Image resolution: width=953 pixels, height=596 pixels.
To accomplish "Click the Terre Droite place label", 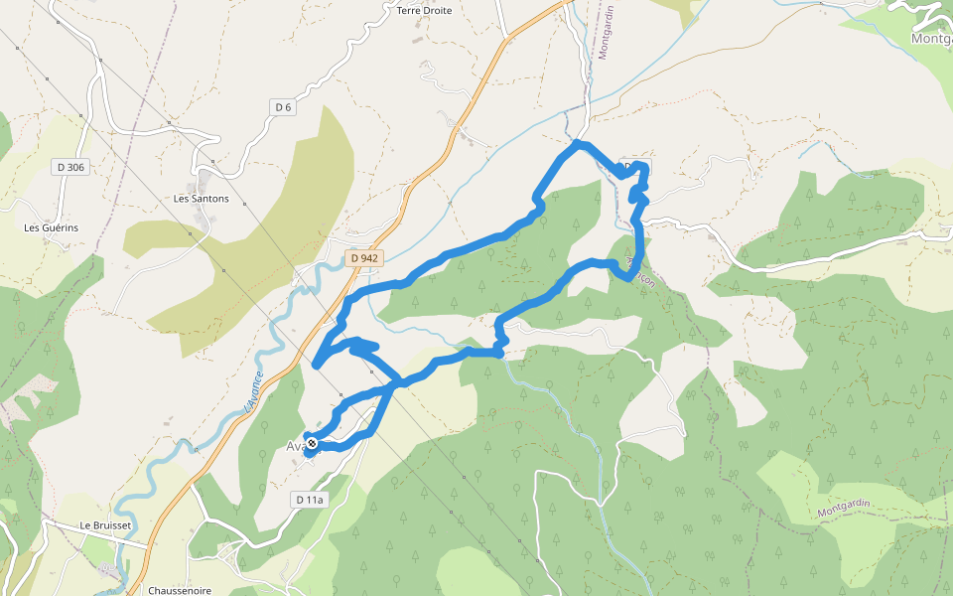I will tap(424, 11).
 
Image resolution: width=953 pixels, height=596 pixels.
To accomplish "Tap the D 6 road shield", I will tap(283, 107).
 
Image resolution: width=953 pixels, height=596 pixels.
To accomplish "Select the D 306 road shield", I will tap(71, 168).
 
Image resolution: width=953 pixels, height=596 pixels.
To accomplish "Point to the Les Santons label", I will tap(201, 199).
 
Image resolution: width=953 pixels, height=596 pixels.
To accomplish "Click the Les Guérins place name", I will tap(51, 227).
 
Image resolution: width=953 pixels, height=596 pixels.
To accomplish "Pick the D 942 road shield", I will tap(364, 258).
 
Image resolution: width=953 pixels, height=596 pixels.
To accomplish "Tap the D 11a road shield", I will tap(310, 500).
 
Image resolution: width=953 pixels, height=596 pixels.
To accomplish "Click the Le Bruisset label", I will tap(106, 524).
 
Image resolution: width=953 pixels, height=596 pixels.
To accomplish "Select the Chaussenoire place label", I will tap(180, 590).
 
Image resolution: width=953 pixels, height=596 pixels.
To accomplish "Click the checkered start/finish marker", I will tap(312, 443).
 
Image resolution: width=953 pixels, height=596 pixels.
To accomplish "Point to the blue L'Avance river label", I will tap(254, 391).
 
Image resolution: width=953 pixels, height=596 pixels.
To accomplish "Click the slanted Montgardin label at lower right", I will tap(844, 509).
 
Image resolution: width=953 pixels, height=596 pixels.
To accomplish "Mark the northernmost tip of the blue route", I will tap(577, 144).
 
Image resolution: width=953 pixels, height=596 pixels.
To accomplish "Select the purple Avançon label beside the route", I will tap(642, 271).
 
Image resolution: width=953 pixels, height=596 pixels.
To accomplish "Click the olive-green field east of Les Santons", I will tap(258, 238).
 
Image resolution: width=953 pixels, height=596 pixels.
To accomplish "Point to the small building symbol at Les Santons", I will tap(204, 185).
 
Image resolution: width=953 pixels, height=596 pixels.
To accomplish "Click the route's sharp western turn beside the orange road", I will tap(316, 365).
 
